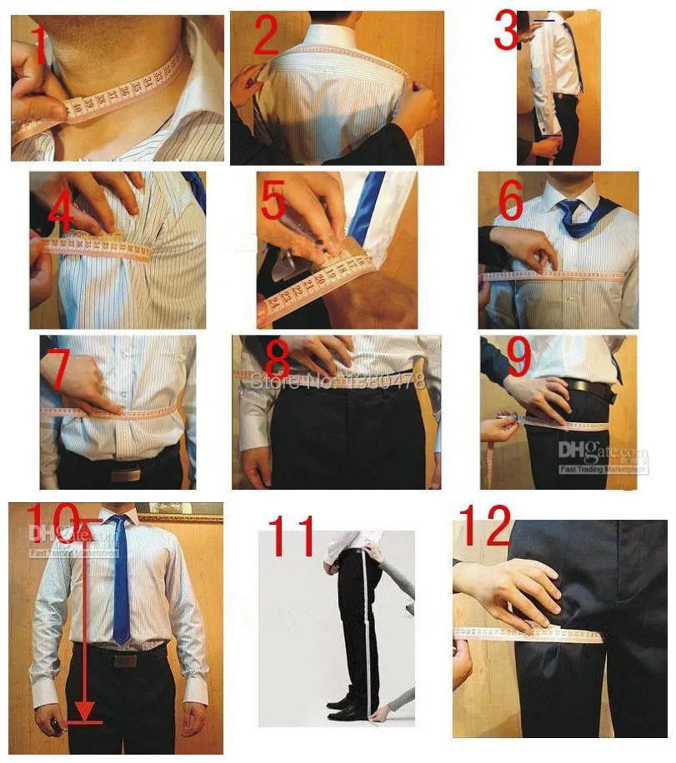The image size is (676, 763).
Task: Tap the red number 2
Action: (265, 37)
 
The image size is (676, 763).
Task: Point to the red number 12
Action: (484, 527)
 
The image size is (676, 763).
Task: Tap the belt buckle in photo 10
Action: (125, 660)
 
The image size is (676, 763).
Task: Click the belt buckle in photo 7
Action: (123, 474)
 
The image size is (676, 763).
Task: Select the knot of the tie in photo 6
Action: (570, 208)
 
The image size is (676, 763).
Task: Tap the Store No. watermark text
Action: (338, 382)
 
